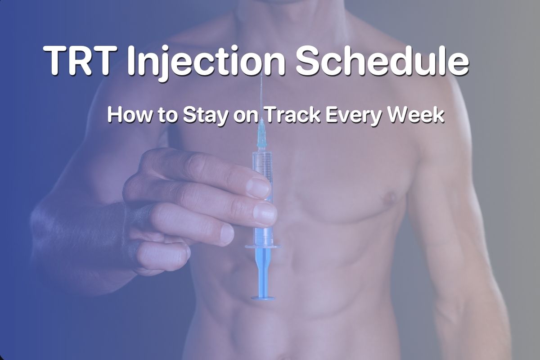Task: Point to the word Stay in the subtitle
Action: [x=201, y=115]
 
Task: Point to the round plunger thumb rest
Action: [x=263, y=297]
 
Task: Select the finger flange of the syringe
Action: [x=263, y=246]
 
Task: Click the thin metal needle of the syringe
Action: [x=261, y=99]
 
